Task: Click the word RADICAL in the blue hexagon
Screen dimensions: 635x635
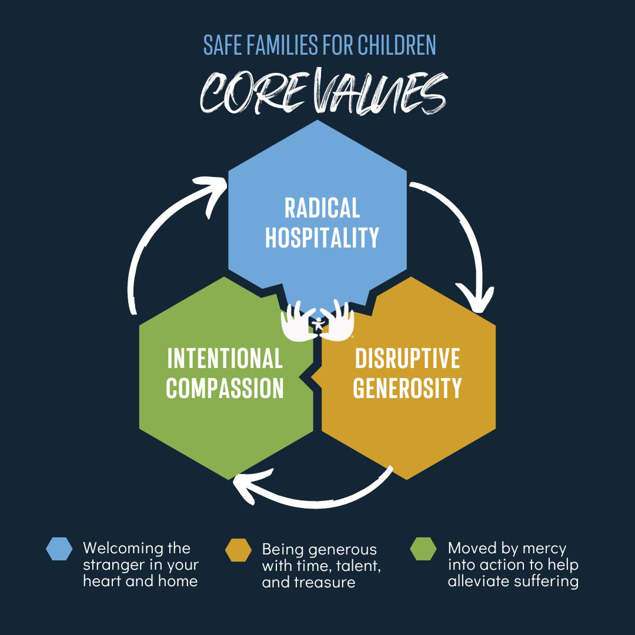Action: point(322,208)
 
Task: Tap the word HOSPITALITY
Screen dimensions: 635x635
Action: point(322,238)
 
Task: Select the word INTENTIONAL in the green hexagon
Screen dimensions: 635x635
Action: point(225,358)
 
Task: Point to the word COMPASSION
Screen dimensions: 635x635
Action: point(225,388)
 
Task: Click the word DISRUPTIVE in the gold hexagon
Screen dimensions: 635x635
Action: point(407,358)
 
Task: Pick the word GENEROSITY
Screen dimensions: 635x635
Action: point(407,388)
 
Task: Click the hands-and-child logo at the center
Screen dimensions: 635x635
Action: point(318,322)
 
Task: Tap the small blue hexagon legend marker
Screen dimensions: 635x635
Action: point(59,549)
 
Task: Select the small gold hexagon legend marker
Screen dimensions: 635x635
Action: point(239,550)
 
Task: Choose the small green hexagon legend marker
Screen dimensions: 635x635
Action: point(423,549)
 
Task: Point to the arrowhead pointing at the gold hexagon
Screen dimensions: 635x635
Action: point(476,297)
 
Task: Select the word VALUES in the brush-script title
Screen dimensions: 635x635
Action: point(376,93)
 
